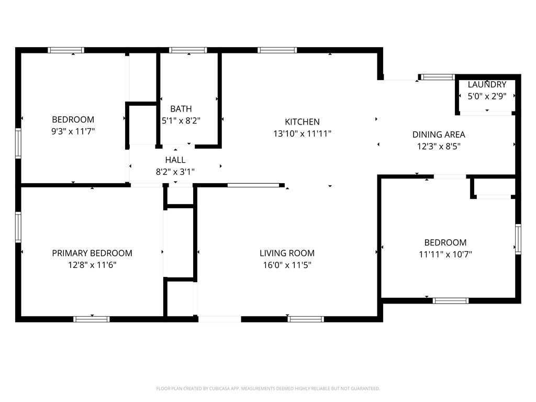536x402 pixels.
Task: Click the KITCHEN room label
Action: [x=302, y=121]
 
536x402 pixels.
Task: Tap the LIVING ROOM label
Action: [x=287, y=253]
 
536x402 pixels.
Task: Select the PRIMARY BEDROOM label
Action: [x=92, y=253]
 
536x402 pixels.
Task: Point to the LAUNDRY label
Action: [x=487, y=84]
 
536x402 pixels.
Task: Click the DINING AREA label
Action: [x=439, y=135]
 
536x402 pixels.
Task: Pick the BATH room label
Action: [x=181, y=109]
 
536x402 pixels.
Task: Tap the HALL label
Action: [x=175, y=160]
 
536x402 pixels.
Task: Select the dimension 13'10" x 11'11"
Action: [x=302, y=133]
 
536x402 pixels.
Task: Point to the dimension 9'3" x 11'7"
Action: [x=73, y=131]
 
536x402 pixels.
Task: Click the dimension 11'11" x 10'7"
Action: [x=445, y=254]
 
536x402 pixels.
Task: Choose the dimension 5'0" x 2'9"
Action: [x=487, y=96]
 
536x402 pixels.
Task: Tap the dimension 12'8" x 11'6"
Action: [x=92, y=265]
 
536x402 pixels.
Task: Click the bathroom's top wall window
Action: [x=188, y=50]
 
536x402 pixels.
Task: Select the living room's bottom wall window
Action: [x=306, y=319]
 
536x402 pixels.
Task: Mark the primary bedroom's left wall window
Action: [x=18, y=227]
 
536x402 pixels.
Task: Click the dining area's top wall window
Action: [x=438, y=77]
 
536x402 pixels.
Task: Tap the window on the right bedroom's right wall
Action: [x=518, y=239]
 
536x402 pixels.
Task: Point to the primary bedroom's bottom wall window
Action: [x=92, y=319]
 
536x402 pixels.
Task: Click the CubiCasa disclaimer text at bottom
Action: [x=268, y=388]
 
